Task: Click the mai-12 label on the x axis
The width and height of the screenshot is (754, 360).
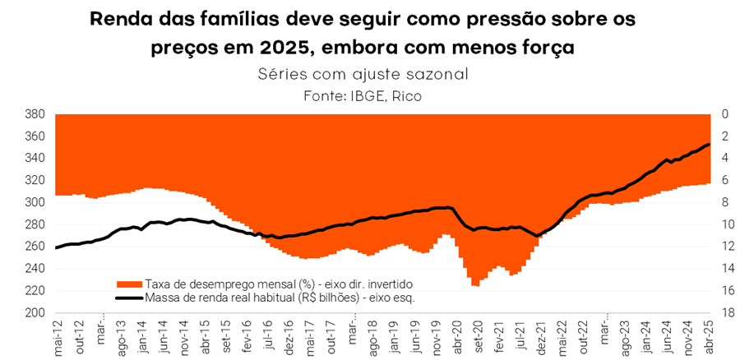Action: point(58,336)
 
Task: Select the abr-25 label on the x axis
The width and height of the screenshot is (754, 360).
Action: point(710,336)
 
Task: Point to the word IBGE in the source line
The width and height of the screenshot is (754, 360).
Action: point(382,96)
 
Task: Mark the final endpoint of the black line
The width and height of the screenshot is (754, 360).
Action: point(710,145)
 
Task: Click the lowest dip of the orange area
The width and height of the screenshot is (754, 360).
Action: point(475,285)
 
